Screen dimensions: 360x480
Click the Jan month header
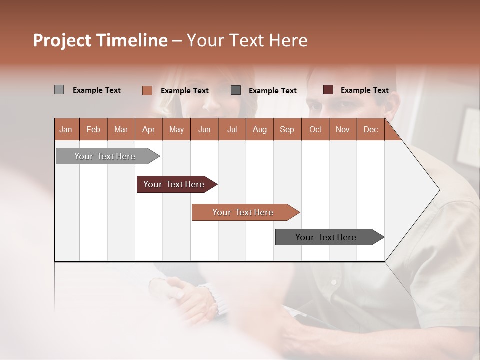click(66, 129)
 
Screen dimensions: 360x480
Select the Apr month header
click(148, 129)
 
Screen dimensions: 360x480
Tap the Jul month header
click(232, 129)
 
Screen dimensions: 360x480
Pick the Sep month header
click(287, 129)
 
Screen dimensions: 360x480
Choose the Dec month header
click(370, 129)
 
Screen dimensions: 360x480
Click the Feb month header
click(93, 129)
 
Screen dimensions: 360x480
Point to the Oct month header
click(315, 129)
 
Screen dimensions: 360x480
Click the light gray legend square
click(59, 90)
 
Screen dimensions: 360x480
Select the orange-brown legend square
click(147, 90)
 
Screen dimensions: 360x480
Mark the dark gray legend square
click(236, 90)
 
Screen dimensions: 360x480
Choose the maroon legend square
click(328, 90)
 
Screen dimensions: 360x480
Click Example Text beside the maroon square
click(364, 90)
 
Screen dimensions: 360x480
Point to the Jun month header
click(204, 129)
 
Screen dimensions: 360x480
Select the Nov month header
click(342, 129)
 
